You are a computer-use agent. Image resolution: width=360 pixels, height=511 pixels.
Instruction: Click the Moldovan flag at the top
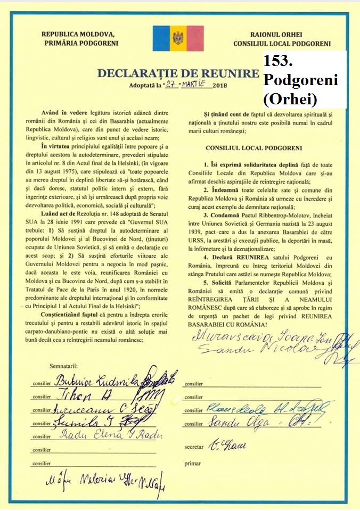(178, 38)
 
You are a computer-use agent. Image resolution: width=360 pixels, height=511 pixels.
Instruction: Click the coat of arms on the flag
(178, 38)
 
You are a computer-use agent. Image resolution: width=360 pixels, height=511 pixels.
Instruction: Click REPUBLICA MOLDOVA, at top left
(78, 33)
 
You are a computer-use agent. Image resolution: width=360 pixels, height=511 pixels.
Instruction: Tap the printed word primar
(192, 464)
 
